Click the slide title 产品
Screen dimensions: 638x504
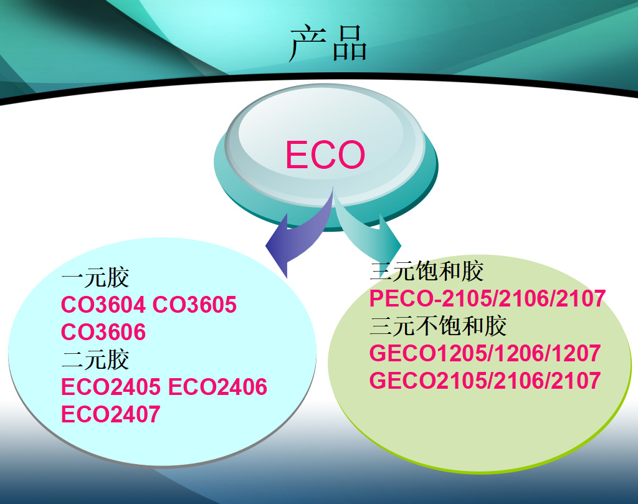(328, 43)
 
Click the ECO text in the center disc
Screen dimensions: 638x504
(325, 155)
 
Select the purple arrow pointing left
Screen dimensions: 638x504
(299, 238)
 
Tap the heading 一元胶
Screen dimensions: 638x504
(95, 277)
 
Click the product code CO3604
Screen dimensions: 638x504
(103, 305)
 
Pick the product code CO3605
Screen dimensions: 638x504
(194, 305)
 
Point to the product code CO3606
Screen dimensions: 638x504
(103, 332)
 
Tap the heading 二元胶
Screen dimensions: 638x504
(95, 359)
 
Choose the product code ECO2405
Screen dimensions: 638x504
(111, 387)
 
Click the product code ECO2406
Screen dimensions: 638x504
(217, 387)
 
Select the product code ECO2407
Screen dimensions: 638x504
(111, 414)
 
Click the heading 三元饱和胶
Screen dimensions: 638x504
(427, 271)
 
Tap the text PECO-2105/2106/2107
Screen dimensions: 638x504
(487, 298)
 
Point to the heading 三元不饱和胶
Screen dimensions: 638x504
(438, 326)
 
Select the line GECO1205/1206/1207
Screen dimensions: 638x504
(485, 353)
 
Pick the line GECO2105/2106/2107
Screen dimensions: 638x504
(485, 381)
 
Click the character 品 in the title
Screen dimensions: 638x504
(350, 44)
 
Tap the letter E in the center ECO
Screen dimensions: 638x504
(296, 155)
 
